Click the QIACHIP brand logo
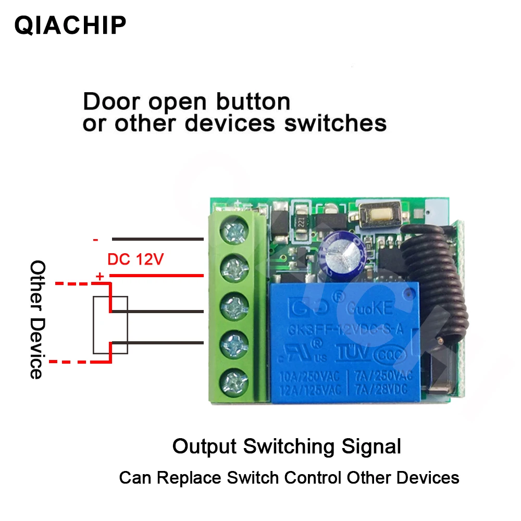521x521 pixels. point(70,25)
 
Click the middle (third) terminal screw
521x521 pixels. point(233,304)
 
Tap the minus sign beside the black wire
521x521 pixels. point(95,240)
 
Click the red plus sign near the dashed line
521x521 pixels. point(98,277)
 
